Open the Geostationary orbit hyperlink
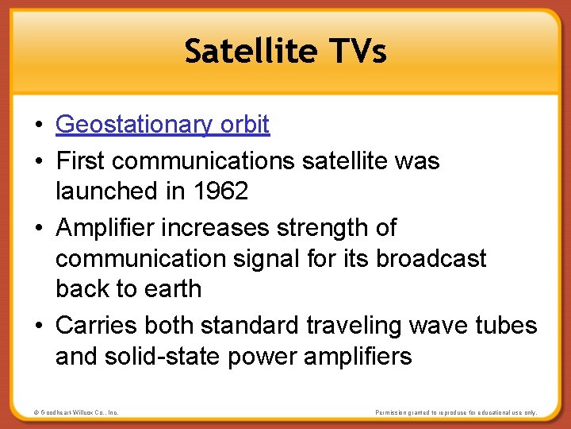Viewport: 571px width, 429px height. click(x=163, y=125)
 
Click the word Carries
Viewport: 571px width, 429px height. click(x=98, y=326)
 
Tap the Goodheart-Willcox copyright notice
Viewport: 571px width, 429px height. click(x=77, y=412)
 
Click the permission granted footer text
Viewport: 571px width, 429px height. click(x=456, y=412)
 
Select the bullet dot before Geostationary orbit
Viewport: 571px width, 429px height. click(x=38, y=126)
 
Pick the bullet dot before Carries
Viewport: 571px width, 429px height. click(x=38, y=327)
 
